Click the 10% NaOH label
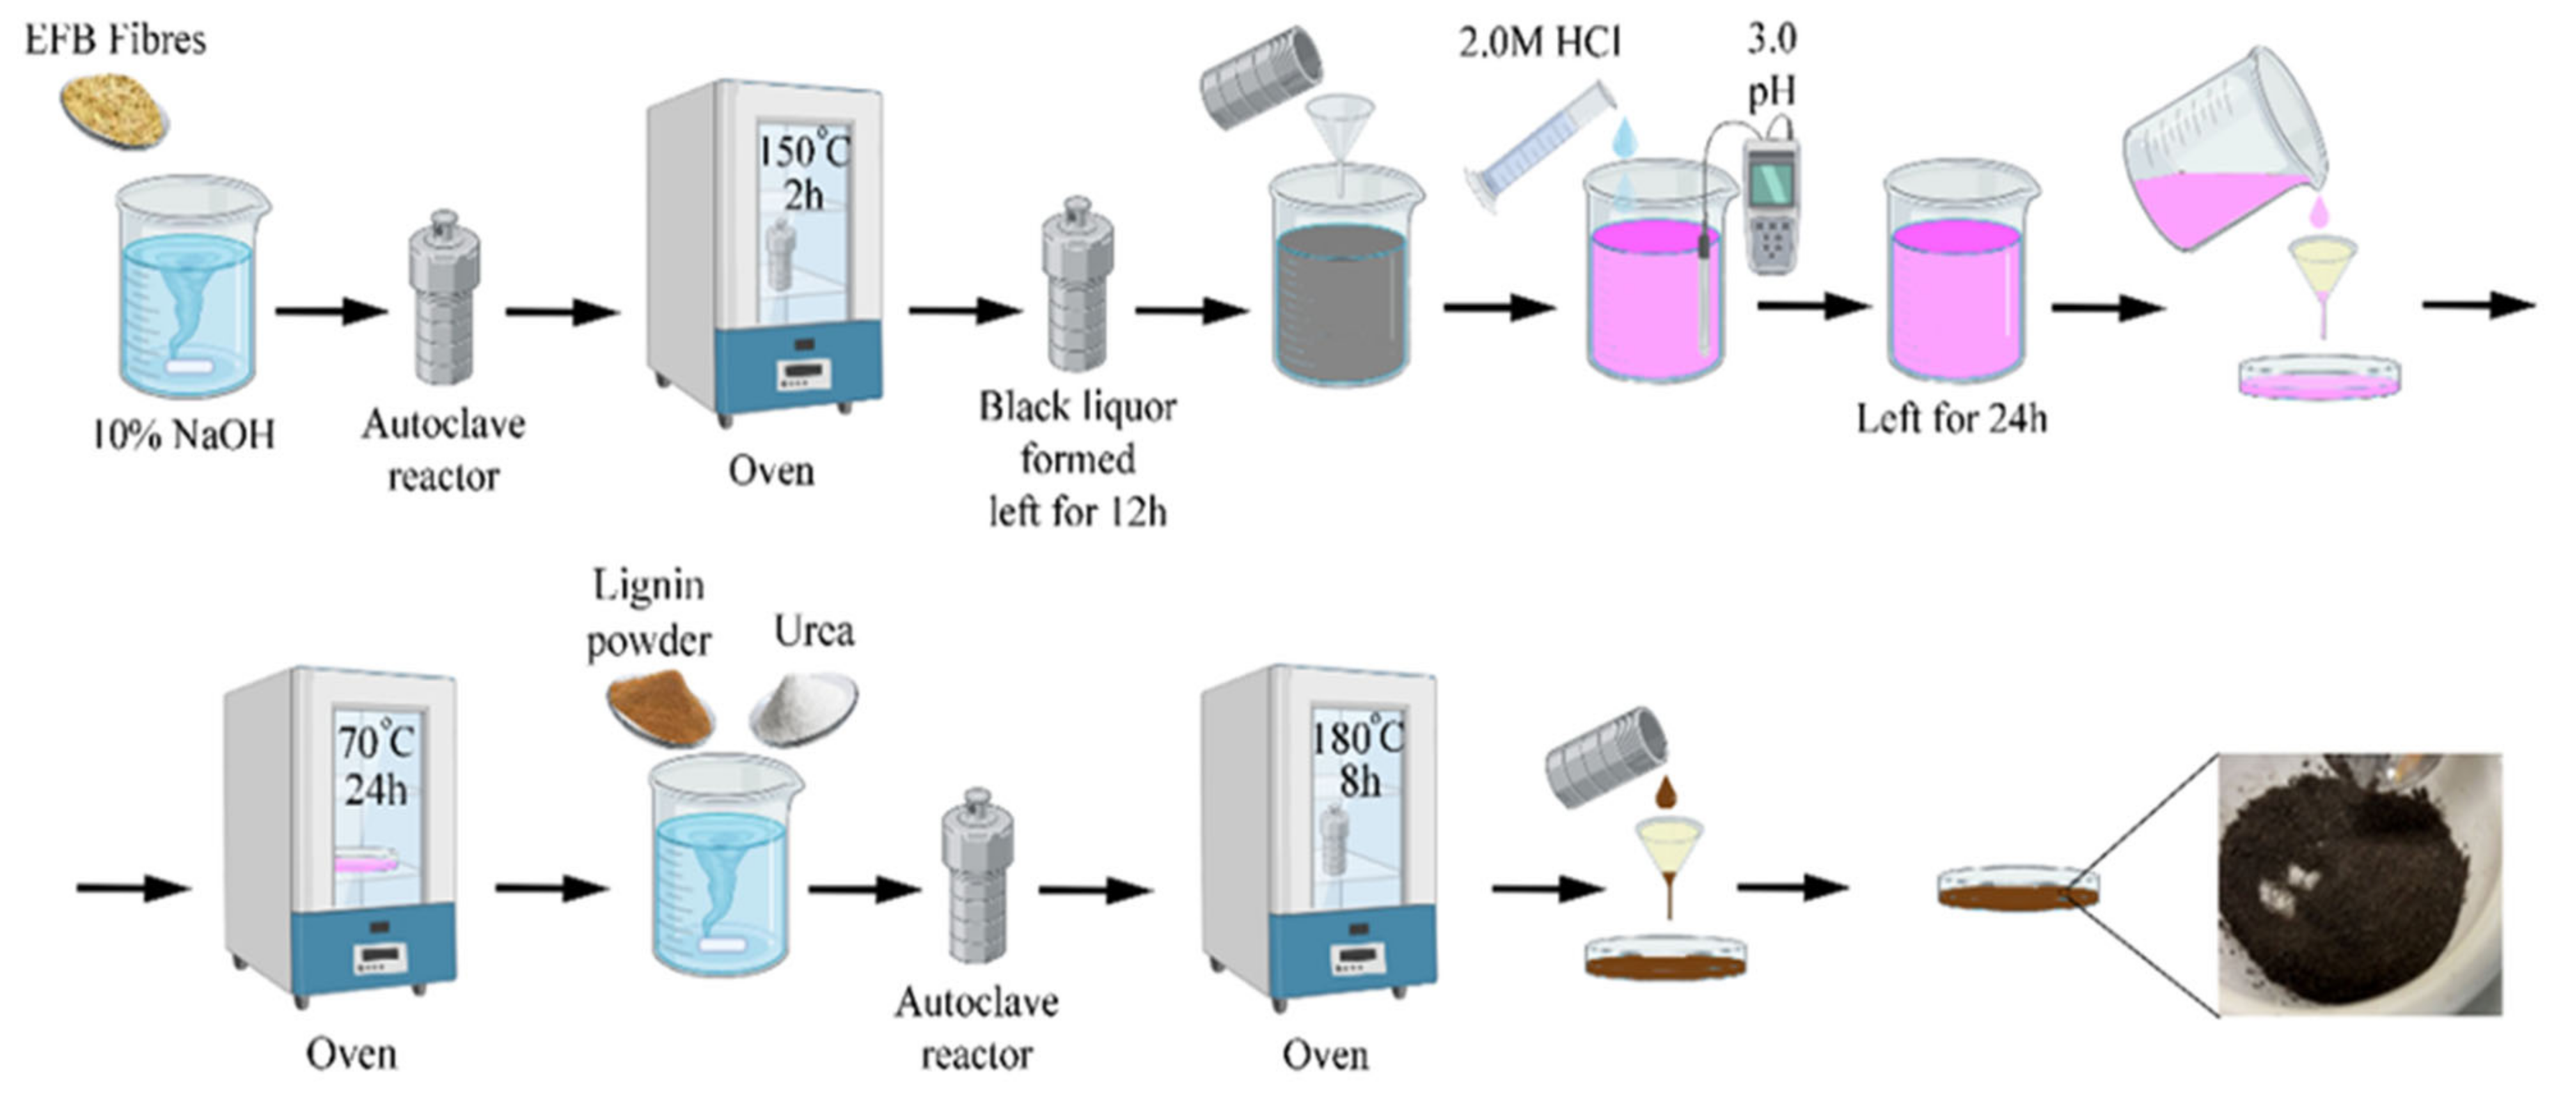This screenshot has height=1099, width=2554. [184, 434]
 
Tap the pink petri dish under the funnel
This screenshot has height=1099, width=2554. [2320, 378]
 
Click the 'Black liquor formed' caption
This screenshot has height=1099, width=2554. [1078, 433]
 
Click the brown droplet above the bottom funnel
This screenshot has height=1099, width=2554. [1667, 793]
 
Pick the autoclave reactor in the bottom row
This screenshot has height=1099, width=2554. [977, 877]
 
